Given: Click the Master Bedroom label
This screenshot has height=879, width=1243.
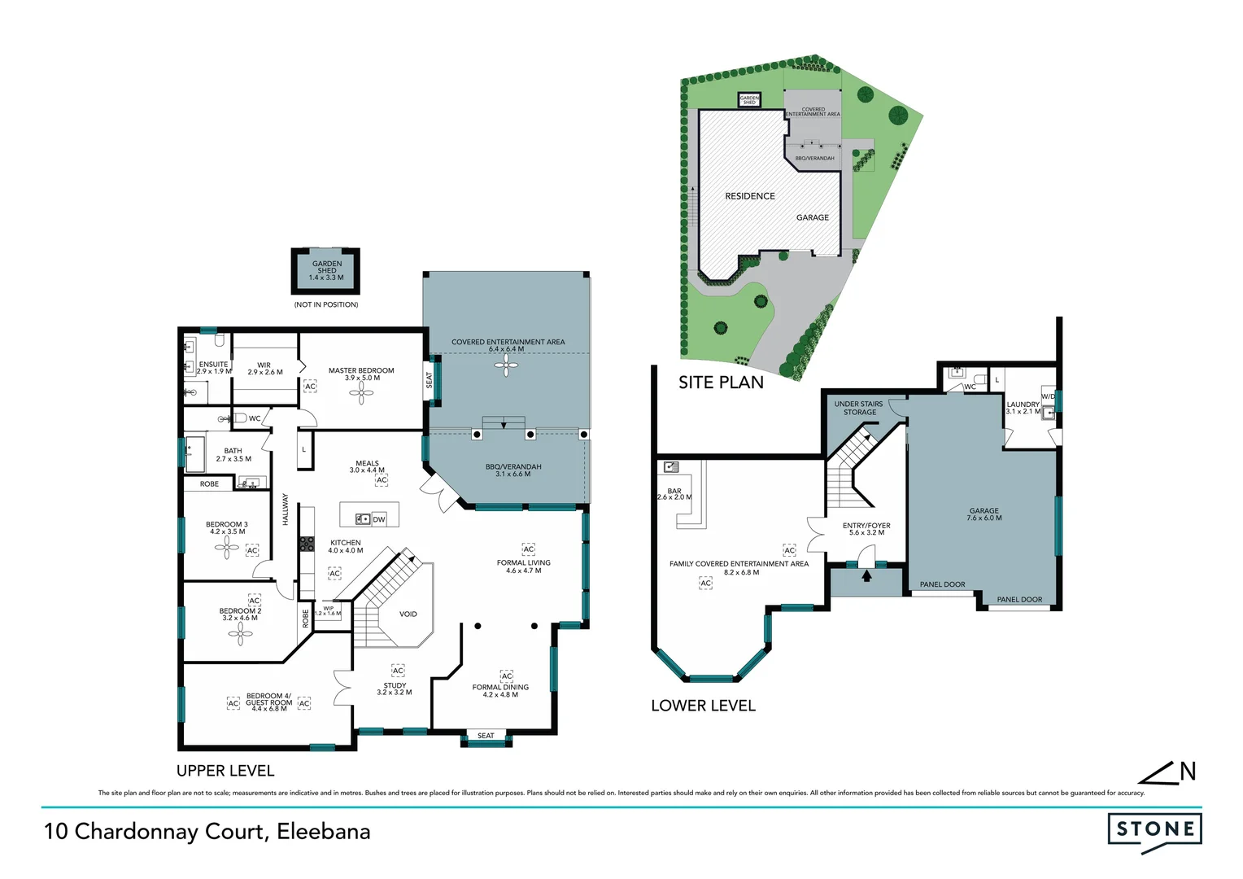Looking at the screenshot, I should [361, 374].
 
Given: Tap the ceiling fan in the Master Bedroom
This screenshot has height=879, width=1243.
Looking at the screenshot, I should [361, 394].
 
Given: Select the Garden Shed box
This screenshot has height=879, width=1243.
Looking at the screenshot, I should [326, 270].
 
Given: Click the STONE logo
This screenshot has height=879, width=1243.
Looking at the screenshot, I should [1154, 829].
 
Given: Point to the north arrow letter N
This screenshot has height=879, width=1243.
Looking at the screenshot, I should [1188, 772].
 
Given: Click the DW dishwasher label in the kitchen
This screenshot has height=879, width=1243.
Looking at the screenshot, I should [379, 519].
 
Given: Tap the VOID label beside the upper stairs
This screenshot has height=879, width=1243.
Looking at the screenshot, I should [408, 614].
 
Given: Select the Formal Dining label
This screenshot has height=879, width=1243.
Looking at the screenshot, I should [500, 690].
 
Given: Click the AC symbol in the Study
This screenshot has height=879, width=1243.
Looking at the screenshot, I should [398, 671].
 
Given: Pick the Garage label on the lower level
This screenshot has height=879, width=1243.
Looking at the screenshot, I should [983, 514].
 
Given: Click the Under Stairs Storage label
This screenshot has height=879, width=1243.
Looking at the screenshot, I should [859, 408].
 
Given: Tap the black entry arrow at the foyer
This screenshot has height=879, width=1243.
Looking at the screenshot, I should [866, 576].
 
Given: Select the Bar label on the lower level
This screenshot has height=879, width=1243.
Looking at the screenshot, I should [674, 494].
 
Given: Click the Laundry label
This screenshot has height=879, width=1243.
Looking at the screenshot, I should [1023, 407].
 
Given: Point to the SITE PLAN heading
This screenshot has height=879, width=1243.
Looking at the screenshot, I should [721, 383].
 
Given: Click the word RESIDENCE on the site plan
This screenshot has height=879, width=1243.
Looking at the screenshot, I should [749, 196].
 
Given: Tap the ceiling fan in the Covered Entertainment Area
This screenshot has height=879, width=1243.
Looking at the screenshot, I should [506, 367].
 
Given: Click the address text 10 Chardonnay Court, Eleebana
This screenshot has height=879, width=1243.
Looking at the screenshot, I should [207, 831].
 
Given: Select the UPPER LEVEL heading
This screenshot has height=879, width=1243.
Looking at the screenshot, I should [225, 771].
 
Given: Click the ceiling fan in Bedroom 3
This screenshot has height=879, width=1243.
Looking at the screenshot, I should [227, 548].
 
